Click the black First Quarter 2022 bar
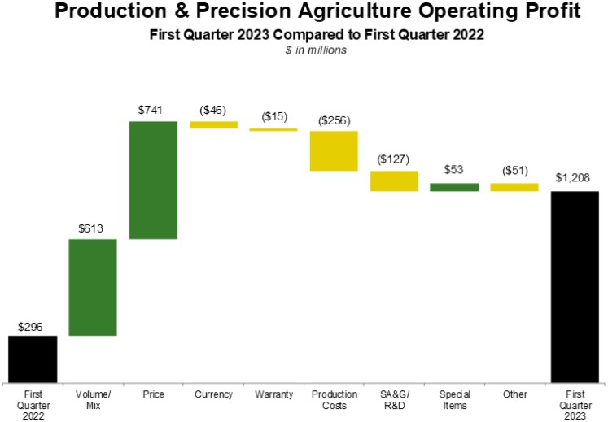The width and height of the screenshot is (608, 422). coord(33,359)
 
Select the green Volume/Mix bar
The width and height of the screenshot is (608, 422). coord(93,287)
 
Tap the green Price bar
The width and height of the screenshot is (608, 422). coord(153,180)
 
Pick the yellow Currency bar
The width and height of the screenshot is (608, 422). coord(213,124)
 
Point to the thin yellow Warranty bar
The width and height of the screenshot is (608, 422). coord(273,129)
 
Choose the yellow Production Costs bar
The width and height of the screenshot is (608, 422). coord(334,150)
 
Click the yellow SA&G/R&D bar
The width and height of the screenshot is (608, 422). coord(394,181)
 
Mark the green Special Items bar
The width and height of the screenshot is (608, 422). coord(454,187)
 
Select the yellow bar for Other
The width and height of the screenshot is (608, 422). coord(514,187)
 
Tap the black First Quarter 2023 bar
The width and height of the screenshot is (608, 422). coord(575,286)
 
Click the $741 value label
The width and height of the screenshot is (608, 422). coord(153,110)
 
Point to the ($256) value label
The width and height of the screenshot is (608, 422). coord(334,120)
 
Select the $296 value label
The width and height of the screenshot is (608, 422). coord(33,325)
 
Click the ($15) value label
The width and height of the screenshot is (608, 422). coord(273,116)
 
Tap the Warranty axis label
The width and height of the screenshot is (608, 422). coord(273,394)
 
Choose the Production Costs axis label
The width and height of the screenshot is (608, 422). coord(334,399)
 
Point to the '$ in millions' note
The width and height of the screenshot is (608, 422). coord(304,50)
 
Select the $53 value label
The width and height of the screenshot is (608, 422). coord(454,171)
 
